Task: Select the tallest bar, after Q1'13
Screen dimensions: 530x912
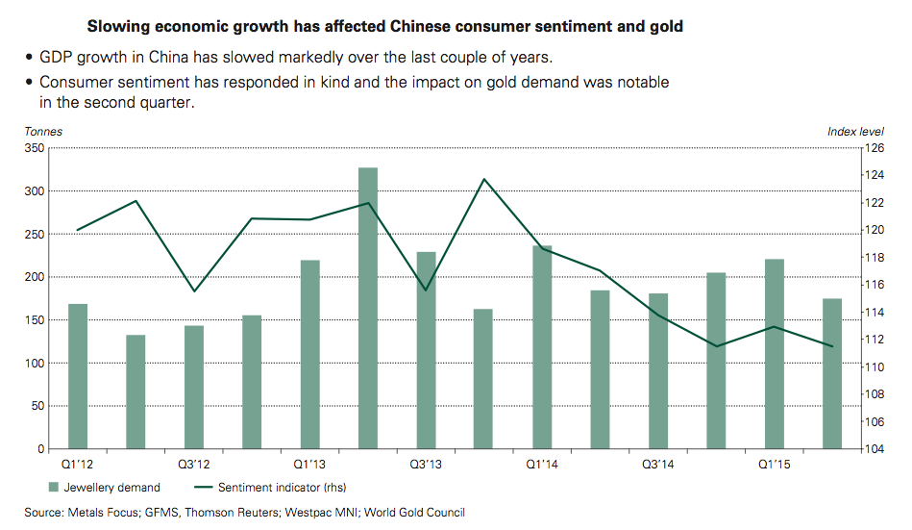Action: pos(368,308)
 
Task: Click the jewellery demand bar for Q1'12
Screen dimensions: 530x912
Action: pos(78,376)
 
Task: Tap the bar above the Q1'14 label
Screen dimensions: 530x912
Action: pos(542,347)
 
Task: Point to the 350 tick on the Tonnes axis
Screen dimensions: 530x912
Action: pos(35,149)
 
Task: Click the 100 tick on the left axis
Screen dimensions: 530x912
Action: pos(35,364)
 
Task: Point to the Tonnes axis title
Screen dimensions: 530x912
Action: pos(44,132)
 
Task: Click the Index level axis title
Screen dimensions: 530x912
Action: pos(855,132)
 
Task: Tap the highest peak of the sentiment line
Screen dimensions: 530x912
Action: pos(484,180)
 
